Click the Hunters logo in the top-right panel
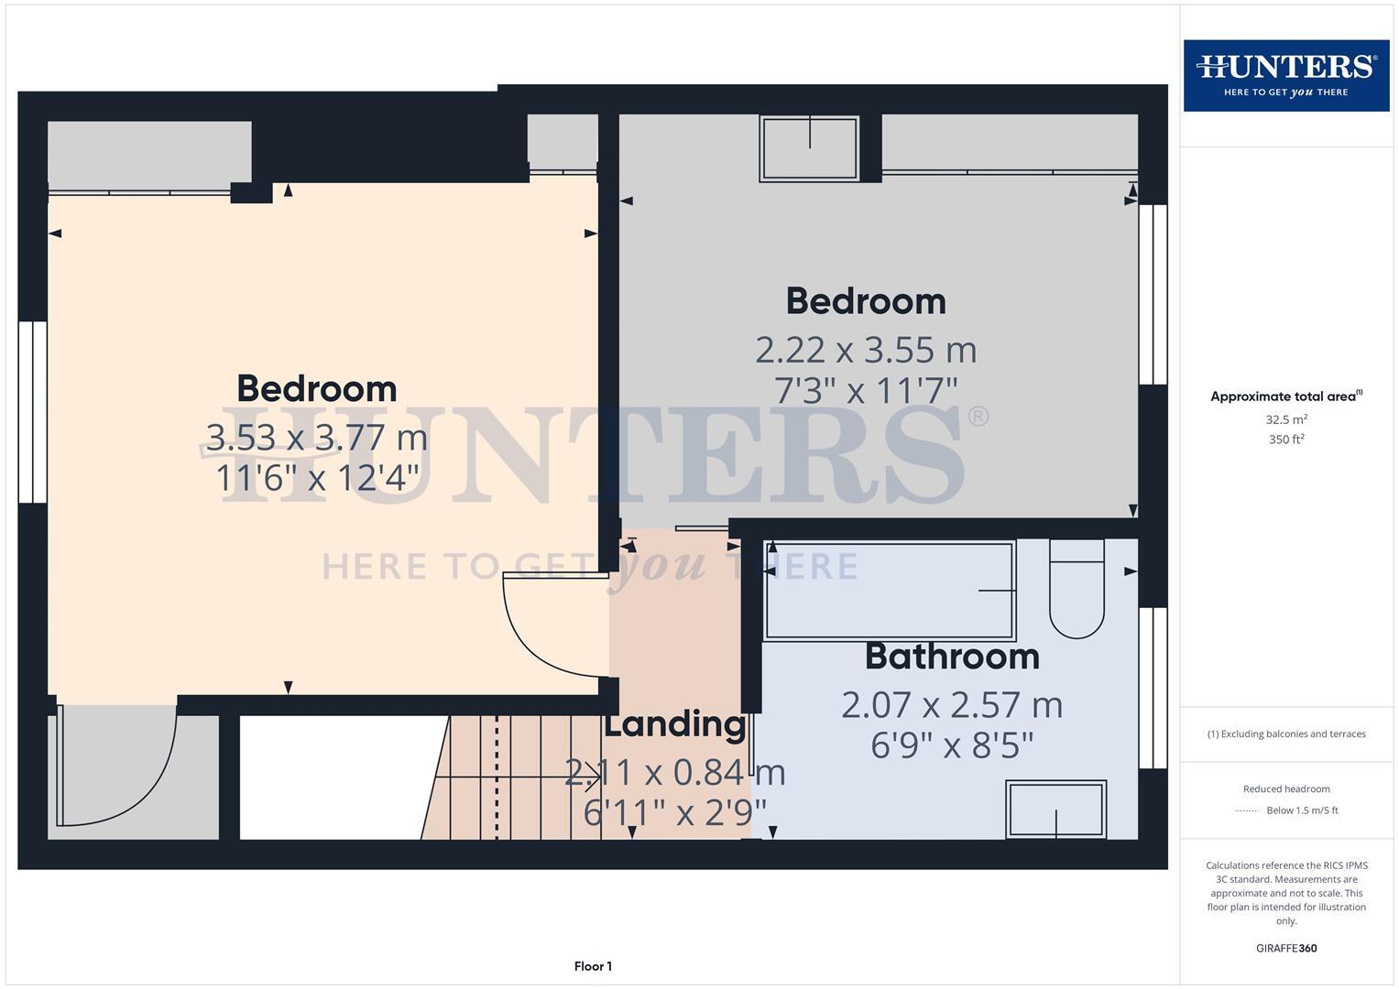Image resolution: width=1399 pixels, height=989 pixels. click(1285, 75)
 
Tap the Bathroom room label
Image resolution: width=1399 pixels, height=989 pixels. click(952, 657)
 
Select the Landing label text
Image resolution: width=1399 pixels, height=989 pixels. click(674, 724)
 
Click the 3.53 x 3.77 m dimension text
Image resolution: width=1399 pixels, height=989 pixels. click(317, 437)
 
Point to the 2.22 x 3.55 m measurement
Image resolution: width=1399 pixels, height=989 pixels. click(866, 350)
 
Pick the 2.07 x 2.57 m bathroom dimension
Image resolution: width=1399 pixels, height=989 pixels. click(952, 705)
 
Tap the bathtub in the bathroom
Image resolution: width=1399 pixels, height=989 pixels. click(890, 591)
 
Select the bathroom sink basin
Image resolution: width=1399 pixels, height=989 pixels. click(1056, 809)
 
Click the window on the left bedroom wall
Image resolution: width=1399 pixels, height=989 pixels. click(33, 411)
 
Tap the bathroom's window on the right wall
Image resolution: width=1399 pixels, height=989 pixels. click(1153, 687)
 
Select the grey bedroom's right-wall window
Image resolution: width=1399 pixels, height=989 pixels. click(1153, 294)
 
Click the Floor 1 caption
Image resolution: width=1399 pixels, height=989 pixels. click(593, 966)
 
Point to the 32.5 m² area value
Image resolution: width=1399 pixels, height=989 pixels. click(1286, 419)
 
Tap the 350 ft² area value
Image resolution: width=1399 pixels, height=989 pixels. click(1286, 440)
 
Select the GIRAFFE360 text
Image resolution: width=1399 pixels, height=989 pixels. click(1286, 948)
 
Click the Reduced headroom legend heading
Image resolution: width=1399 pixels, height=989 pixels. click(1286, 788)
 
